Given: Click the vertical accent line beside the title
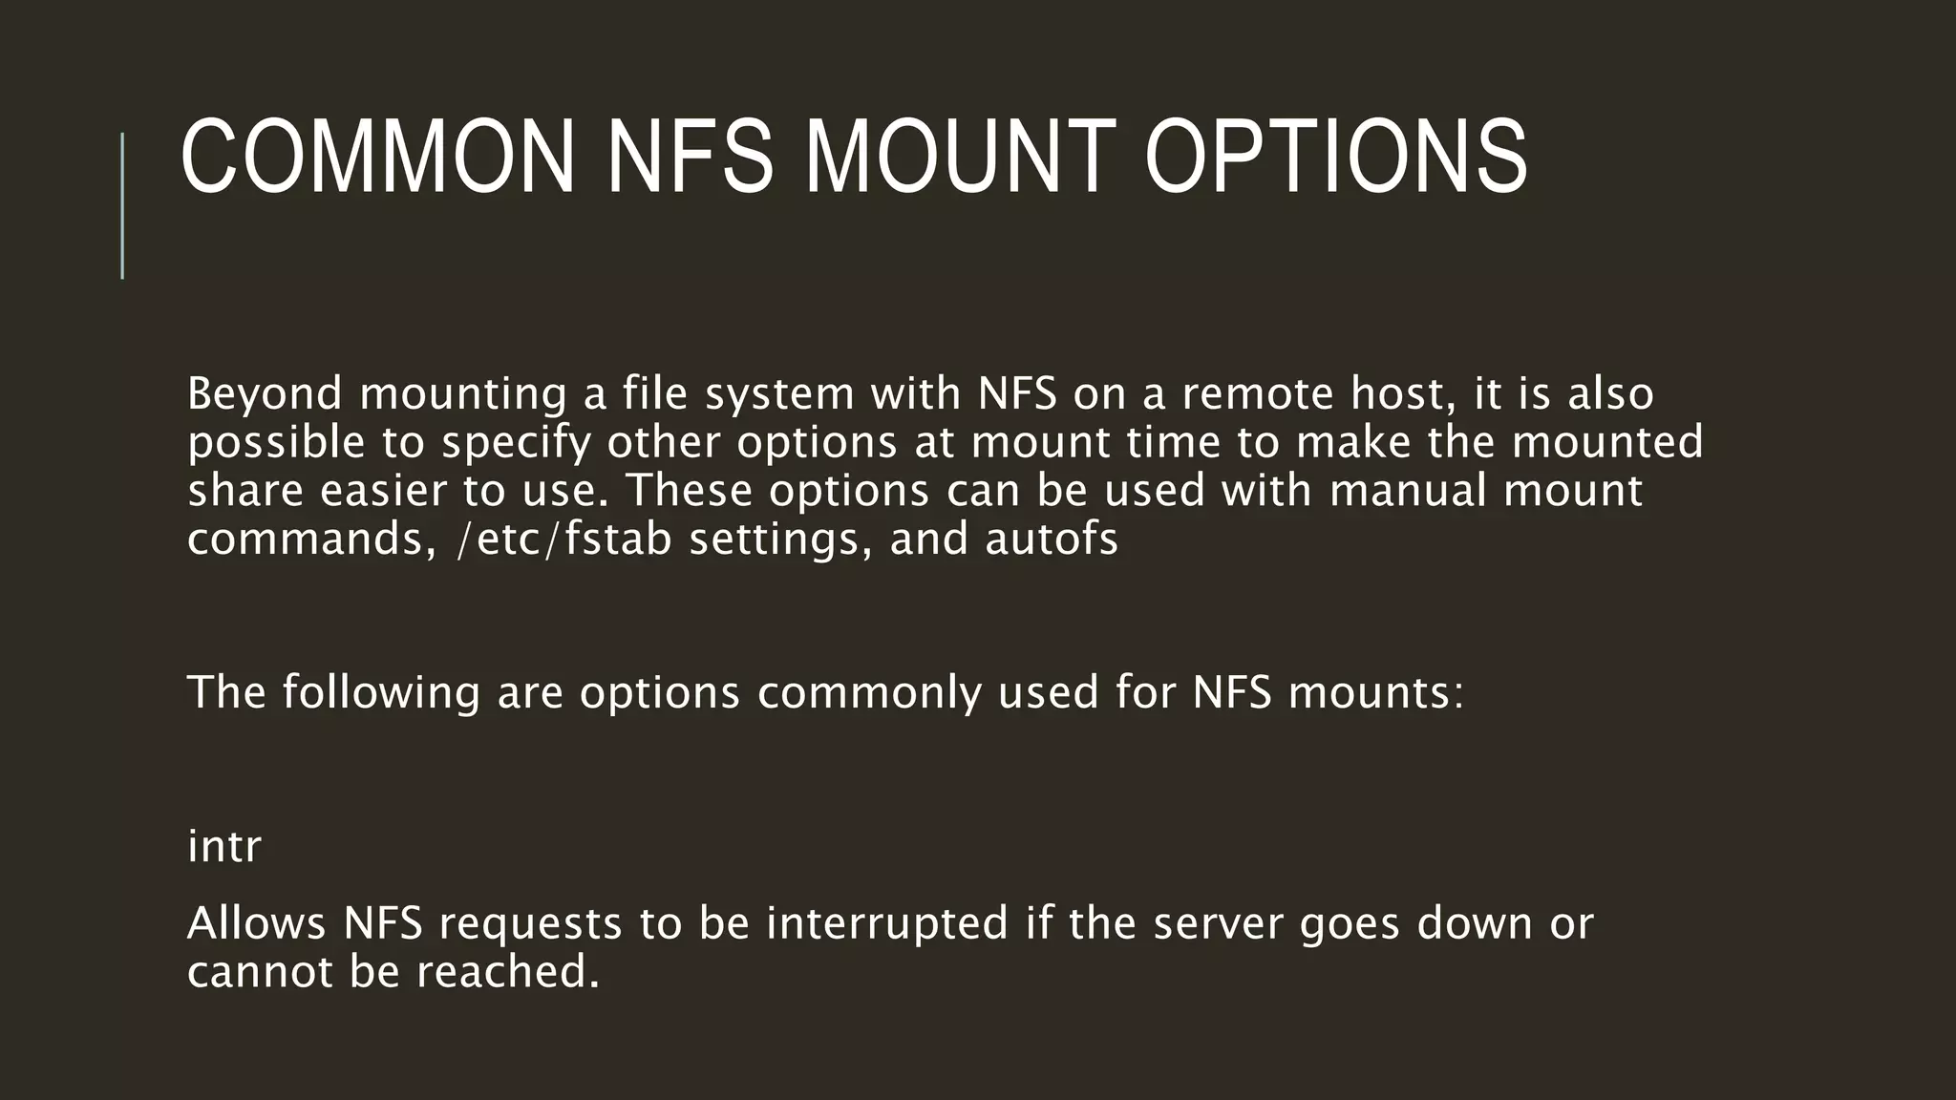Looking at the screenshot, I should click(x=122, y=205).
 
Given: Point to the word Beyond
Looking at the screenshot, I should click(x=265, y=393).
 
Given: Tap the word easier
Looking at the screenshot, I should click(x=384, y=491).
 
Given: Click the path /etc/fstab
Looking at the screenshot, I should click(x=564, y=539).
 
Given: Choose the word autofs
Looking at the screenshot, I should click(x=1052, y=539).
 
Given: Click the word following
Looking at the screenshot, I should click(x=380, y=692).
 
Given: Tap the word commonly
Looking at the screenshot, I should click(x=869, y=692).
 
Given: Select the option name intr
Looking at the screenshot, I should click(x=224, y=847).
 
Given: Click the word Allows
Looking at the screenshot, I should click(x=256, y=923).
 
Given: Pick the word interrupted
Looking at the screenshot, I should click(x=887, y=924).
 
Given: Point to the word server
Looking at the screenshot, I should click(x=1218, y=924).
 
